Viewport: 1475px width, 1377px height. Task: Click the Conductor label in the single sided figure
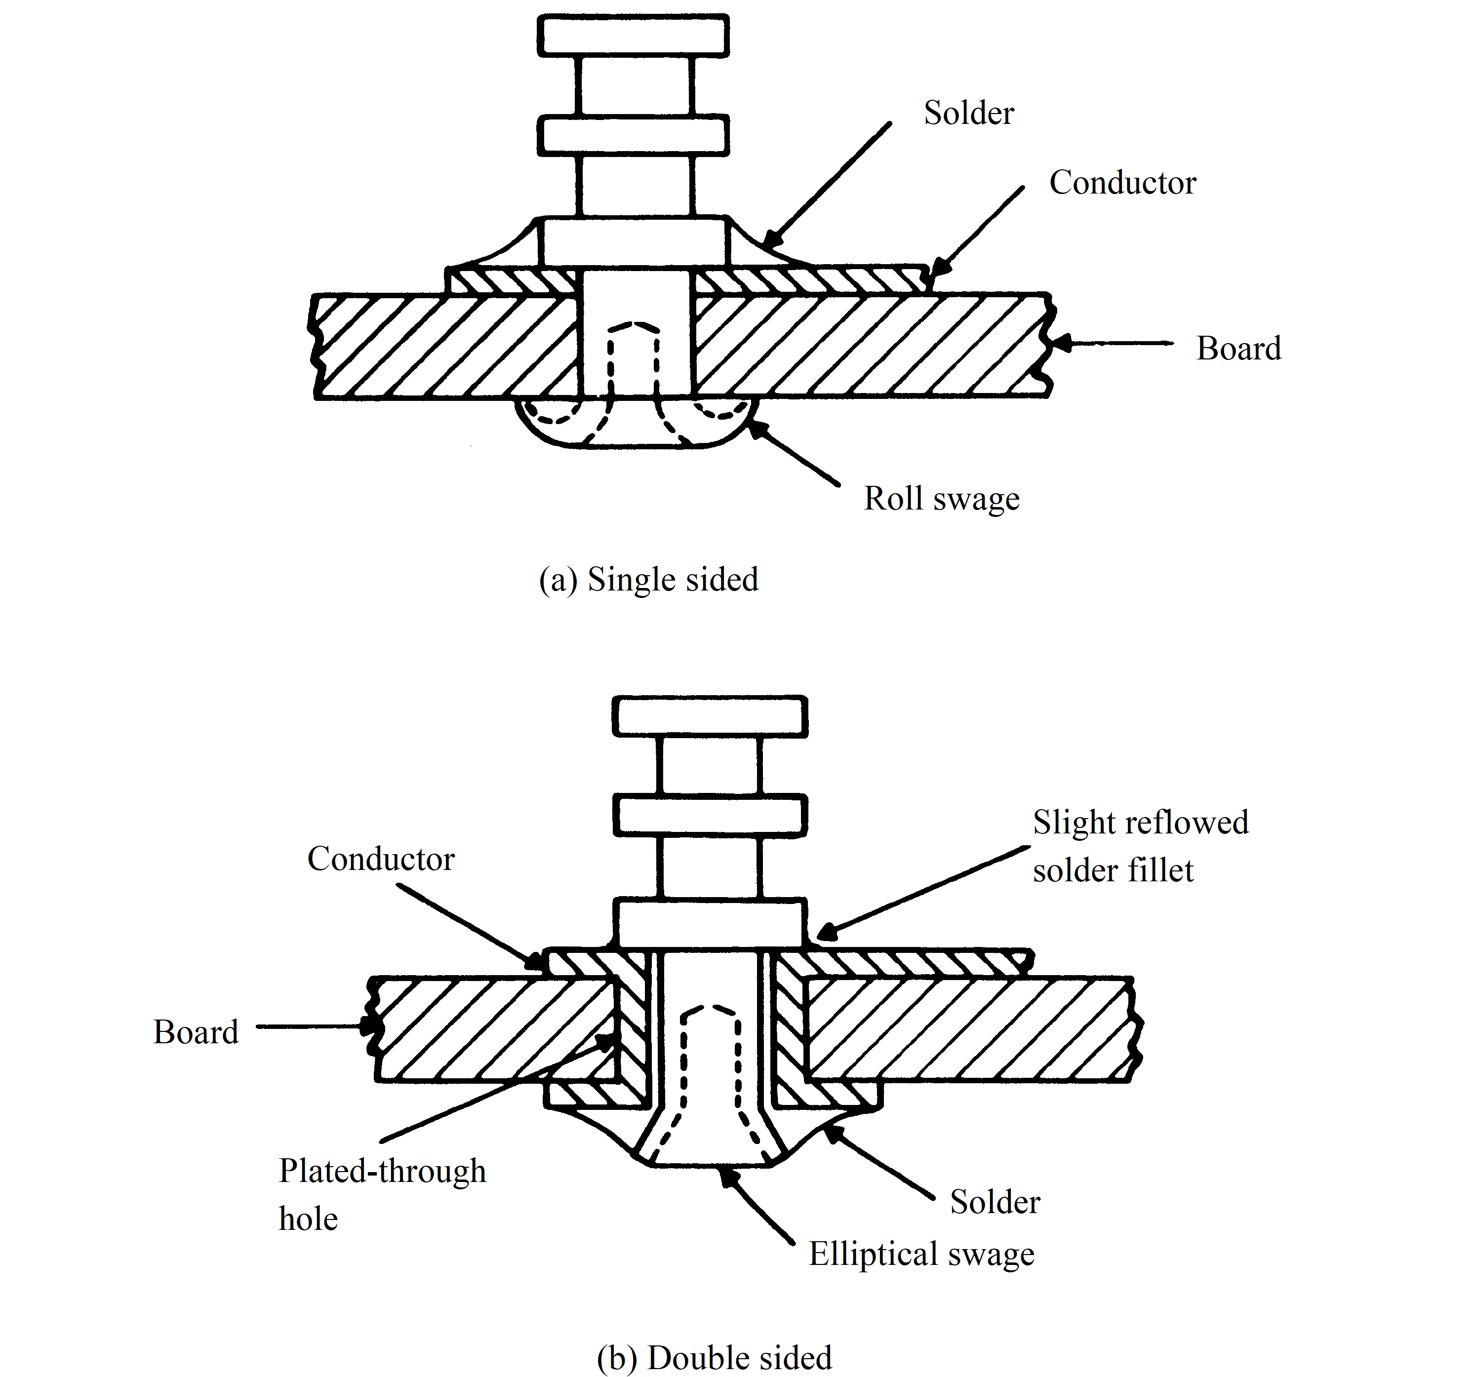point(1122,183)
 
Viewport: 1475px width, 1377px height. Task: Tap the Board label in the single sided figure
point(1238,349)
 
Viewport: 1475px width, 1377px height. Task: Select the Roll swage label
point(941,499)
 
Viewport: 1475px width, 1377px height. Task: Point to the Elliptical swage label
point(921,1254)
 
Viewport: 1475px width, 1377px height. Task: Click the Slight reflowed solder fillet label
point(1140,846)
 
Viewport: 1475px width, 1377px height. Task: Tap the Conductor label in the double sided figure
point(381,859)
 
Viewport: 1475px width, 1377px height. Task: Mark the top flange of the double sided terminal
point(710,716)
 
